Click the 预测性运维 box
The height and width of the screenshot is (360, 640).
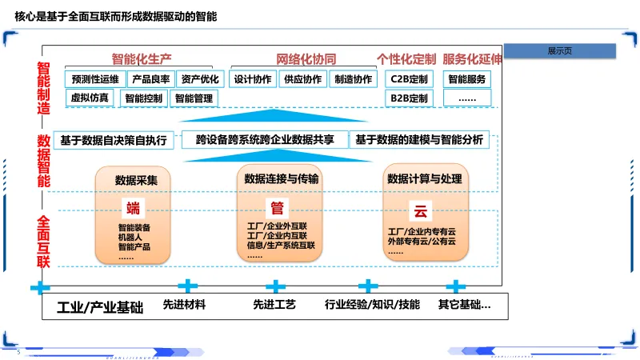coord(95,79)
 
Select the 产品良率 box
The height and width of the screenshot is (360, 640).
coord(151,79)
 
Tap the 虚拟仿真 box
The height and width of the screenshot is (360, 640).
coord(89,98)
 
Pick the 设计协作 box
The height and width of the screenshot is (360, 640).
coord(253,79)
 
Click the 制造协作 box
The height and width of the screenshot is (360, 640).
coord(353,79)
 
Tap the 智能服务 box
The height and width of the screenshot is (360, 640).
coord(466,79)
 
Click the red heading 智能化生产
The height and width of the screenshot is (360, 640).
coord(142,59)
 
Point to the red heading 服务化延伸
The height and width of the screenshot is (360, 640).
coord(472,59)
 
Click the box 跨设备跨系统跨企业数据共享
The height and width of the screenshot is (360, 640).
coord(265,140)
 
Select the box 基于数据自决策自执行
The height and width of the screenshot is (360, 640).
coord(114,140)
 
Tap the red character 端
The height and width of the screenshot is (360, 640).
coord(133,210)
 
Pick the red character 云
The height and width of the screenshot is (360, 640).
coord(420,211)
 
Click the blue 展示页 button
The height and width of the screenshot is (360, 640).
coord(559,51)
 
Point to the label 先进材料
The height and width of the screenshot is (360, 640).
coord(184,305)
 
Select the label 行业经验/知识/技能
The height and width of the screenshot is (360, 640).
coord(372,305)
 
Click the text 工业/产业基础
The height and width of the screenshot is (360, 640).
coord(100,306)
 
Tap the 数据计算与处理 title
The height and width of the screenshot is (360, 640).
coord(425,178)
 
